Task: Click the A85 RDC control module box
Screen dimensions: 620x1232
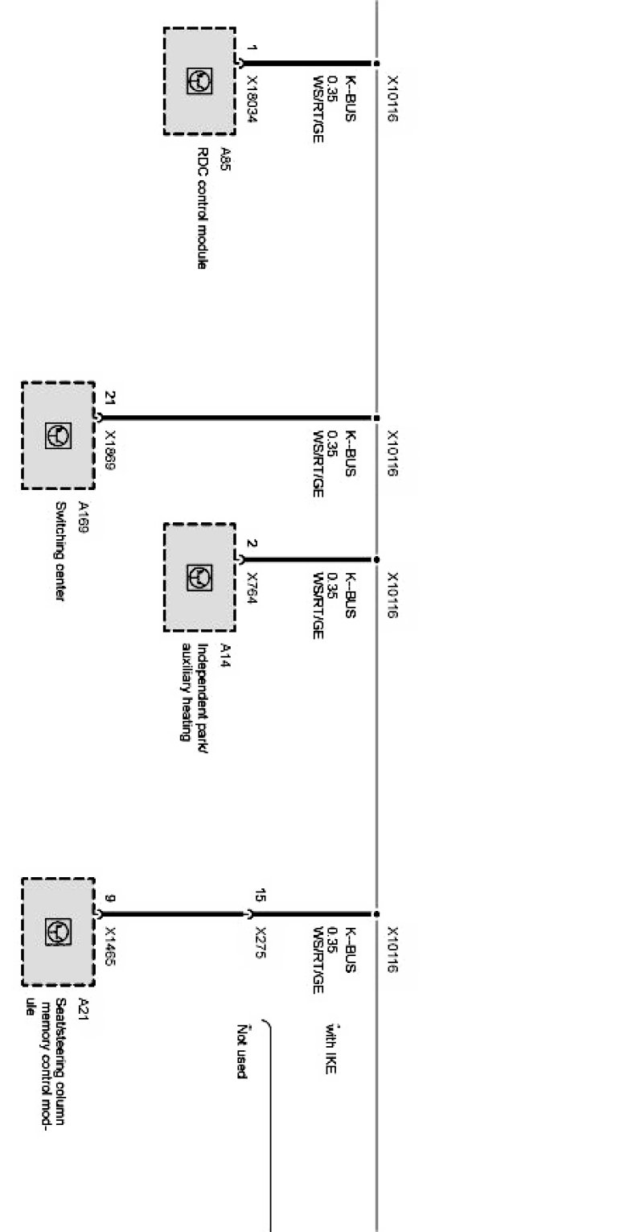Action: pyautogui.click(x=199, y=80)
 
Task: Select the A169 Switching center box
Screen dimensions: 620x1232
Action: pyautogui.click(x=58, y=435)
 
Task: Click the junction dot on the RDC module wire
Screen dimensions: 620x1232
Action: pyautogui.click(x=376, y=63)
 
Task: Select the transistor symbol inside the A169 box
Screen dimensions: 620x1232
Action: pyautogui.click(x=58, y=435)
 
